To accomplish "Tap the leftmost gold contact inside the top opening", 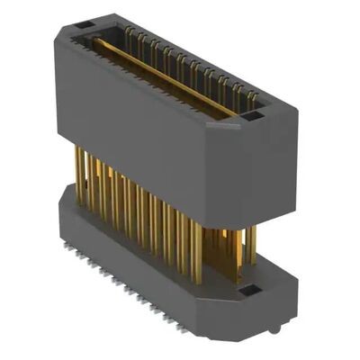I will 127,36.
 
